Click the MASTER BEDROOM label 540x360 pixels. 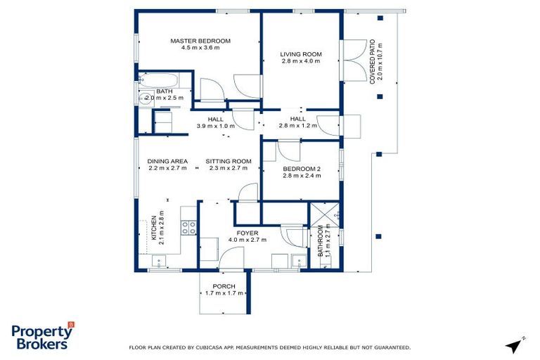tap(200, 41)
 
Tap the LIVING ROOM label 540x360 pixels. tap(300, 54)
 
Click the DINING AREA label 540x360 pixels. tap(167, 161)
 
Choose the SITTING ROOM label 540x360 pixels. tap(229, 161)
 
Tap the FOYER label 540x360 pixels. tap(247, 232)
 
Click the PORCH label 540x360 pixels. tap(224, 286)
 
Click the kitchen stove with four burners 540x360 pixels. tap(189, 227)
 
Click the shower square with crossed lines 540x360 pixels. tap(324, 214)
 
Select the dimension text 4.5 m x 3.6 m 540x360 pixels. tap(200, 48)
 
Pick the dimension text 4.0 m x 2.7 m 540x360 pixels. tap(247, 240)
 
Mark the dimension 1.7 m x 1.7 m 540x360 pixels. tap(224, 293)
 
